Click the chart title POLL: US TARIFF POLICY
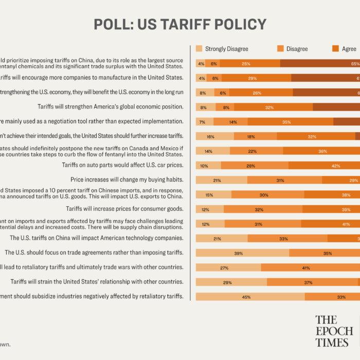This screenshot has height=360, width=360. [180, 24]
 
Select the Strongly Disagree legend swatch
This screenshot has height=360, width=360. [200, 49]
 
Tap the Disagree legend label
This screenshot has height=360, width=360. [297, 49]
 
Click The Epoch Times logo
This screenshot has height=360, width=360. [334, 331]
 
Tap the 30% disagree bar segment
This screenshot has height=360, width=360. [264, 195]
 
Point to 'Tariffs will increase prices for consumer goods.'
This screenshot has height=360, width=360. [124, 209]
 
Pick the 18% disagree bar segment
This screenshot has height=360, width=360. [255, 136]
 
